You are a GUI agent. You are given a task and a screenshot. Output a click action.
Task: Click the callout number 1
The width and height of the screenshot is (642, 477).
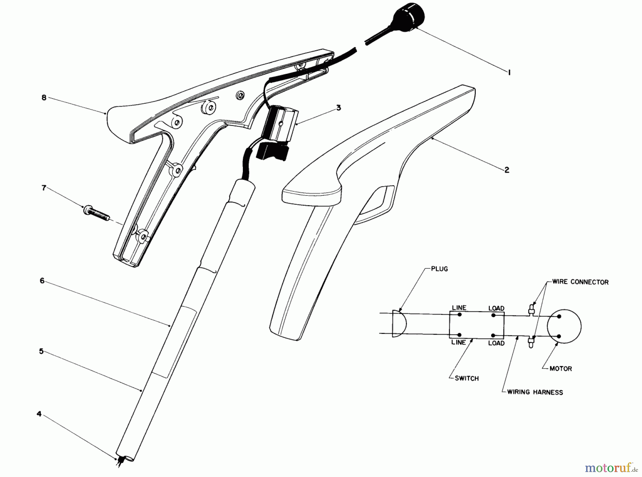coord(509,72)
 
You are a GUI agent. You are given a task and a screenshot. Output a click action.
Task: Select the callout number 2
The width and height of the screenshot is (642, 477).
coord(507,170)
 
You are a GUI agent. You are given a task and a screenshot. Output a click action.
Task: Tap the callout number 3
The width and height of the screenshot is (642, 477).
coord(338,107)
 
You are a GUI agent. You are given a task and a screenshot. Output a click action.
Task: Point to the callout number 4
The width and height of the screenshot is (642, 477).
coord(39,414)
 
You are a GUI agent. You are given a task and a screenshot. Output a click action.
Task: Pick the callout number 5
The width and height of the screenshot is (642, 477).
coord(41,351)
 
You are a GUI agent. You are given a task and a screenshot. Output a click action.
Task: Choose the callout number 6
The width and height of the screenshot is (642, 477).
coord(42,281)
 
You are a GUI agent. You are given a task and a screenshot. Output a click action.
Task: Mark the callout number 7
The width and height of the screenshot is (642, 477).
coord(44,188)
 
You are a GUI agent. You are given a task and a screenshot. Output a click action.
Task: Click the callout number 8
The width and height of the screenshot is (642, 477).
coord(44,97)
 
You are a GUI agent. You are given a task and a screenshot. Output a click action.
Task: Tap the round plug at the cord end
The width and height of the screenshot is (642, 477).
coord(410,16)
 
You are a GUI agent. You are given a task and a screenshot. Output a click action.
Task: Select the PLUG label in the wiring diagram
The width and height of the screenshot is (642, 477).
coord(439,269)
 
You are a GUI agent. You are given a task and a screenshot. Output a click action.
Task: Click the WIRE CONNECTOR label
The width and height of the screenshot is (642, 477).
coord(580,282)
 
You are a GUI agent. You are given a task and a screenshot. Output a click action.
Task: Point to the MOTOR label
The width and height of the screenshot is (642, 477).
coord(560,369)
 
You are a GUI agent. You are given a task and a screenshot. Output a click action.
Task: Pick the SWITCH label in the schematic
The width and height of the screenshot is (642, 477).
coord(467,378)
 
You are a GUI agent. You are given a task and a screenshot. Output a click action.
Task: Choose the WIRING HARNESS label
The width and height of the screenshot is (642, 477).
coord(535,392)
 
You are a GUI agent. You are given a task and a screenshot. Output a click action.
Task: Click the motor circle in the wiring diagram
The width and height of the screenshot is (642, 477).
coord(564,326)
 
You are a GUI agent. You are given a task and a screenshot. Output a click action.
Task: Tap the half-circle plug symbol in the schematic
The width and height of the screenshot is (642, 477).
coord(399,324)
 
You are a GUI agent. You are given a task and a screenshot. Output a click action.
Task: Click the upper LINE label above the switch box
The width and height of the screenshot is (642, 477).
coord(459,308)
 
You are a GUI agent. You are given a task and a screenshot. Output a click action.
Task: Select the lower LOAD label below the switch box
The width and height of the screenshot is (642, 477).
coord(496,343)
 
